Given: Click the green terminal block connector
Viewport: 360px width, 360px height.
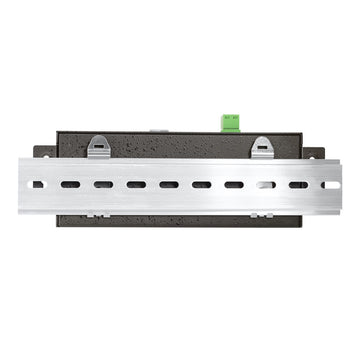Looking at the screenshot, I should click(x=230, y=122).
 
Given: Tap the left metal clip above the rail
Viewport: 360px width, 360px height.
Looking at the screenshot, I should click(x=98, y=146).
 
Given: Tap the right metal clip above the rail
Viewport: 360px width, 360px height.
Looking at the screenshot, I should click(x=261, y=146).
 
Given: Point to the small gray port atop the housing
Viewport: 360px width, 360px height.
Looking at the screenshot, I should click(x=157, y=130).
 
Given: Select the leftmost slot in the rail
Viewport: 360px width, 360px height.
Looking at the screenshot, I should click(x=39, y=185).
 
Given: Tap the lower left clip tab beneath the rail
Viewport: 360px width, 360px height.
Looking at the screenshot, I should click(x=96, y=214).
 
